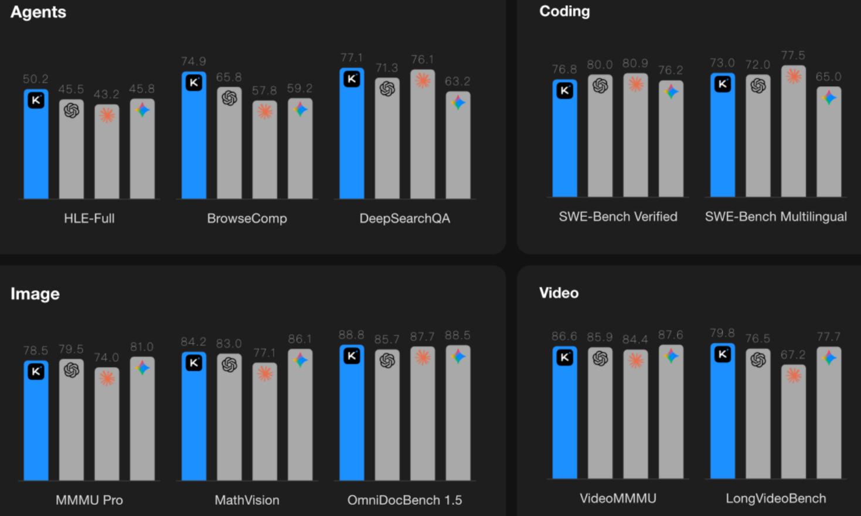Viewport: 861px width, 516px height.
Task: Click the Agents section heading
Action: coord(38,12)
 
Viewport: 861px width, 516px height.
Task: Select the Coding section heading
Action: coord(564,11)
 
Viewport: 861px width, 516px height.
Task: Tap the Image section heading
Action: coord(35,294)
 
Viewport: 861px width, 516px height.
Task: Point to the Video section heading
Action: coord(559,293)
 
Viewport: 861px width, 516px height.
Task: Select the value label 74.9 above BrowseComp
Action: coord(193,62)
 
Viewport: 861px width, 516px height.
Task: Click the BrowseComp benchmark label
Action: coord(247,219)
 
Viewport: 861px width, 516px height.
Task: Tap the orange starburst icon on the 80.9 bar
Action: coord(635,84)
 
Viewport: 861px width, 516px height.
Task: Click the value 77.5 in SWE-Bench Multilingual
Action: coord(793,56)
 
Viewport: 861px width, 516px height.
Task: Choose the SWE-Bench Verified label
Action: coord(618,217)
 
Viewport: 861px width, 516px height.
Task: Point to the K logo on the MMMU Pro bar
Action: coord(36,371)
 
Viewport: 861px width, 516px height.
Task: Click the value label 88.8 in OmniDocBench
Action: coord(351,335)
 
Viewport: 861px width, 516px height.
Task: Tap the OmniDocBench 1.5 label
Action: coord(404,500)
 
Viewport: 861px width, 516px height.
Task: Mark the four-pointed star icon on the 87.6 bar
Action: coord(671,356)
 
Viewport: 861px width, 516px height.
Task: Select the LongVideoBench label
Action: coord(775,498)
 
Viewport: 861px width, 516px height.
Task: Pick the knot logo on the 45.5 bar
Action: coord(72,110)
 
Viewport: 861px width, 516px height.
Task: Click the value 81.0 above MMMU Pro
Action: coord(142,347)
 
